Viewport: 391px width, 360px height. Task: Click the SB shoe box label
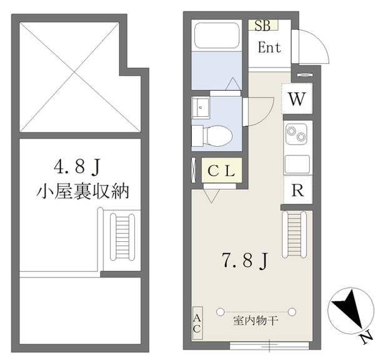pos(263,25)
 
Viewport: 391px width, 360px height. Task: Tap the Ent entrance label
pos(269,47)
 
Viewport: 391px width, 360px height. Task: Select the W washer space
pos(297,99)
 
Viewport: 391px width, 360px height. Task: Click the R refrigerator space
pos(298,190)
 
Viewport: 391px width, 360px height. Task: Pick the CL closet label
pos(222,171)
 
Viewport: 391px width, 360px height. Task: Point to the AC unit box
pos(197,323)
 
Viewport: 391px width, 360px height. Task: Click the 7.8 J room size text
pos(245,261)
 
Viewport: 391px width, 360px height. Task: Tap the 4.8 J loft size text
pos(77,167)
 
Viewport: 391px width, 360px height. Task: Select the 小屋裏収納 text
pos(82,191)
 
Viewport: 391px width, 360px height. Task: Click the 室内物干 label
pos(255,321)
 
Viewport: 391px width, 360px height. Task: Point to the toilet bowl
pos(217,136)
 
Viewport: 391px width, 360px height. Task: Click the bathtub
pos(217,36)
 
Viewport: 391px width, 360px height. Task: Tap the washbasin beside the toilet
pos(201,107)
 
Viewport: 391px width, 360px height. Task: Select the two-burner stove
pos(296,134)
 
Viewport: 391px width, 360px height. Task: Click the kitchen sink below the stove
pos(297,164)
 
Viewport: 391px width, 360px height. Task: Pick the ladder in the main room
pos(294,234)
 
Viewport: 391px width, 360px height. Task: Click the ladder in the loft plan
pos(122,237)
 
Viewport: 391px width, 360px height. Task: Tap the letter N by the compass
pos(366,339)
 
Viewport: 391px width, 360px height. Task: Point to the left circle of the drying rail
pos(220,312)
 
